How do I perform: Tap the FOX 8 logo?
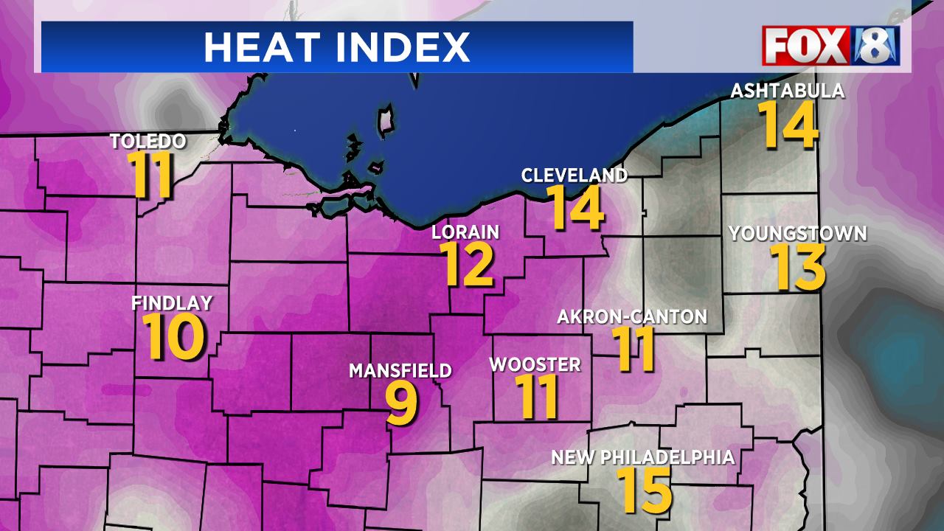point(830,46)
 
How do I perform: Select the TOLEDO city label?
point(147,141)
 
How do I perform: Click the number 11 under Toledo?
point(153,175)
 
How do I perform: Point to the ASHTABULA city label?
point(787,91)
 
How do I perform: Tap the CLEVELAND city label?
point(575,175)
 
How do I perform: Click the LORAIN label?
point(465,232)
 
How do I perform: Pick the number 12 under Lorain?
point(468,264)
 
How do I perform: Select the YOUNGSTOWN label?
point(798,234)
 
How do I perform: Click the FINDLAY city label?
point(172,302)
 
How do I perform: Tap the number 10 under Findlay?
point(173,336)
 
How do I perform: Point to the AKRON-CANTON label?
point(632,317)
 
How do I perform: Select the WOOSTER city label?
point(535,364)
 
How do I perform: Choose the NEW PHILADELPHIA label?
point(643,457)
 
